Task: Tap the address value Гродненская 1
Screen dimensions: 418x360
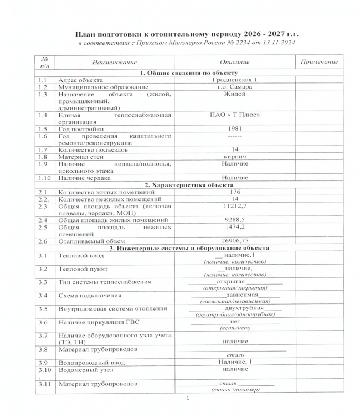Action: pyautogui.click(x=234, y=80)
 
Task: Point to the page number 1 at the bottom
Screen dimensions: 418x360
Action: pyautogui.click(x=188, y=398)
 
